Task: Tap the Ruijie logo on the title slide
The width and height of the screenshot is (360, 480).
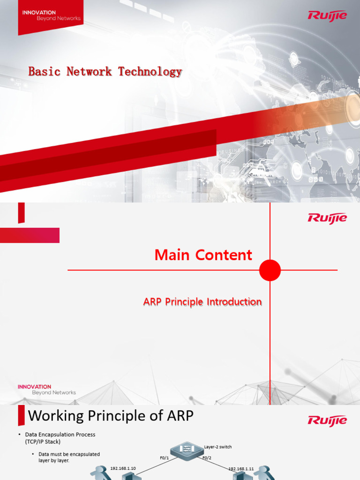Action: click(x=327, y=15)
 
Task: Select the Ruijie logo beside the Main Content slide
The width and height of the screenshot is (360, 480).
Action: click(x=327, y=218)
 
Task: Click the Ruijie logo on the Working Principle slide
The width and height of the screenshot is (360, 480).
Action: click(x=327, y=420)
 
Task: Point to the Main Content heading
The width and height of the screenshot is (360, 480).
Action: click(x=203, y=255)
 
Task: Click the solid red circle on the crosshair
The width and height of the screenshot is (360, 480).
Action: click(x=270, y=270)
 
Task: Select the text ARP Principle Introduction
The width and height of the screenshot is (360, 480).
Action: click(x=202, y=302)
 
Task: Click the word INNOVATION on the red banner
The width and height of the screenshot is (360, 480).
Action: click(x=39, y=13)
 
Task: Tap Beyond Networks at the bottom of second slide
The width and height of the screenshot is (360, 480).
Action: click(x=53, y=392)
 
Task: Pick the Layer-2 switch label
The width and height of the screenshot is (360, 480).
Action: click(x=218, y=447)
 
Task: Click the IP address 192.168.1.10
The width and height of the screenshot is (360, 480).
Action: click(x=123, y=468)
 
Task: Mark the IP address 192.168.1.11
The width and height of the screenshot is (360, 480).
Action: click(x=241, y=468)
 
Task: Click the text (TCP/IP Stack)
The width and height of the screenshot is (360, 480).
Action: click(x=43, y=442)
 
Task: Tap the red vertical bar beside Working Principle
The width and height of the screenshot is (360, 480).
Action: click(x=21, y=416)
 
